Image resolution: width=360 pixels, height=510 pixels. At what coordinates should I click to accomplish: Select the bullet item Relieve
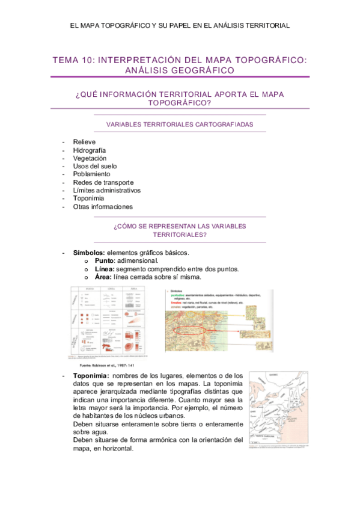click(x=84, y=142)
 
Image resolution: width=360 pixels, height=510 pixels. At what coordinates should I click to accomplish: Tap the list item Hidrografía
click(x=90, y=150)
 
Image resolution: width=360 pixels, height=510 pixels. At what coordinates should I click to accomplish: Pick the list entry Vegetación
click(x=90, y=158)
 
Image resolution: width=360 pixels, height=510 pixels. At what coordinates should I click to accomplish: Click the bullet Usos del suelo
click(x=95, y=166)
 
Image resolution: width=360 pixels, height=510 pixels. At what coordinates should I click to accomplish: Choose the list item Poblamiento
click(x=91, y=174)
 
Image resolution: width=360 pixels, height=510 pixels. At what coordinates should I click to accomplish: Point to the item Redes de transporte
click(x=103, y=182)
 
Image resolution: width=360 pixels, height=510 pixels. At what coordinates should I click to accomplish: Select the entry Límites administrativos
click(x=106, y=190)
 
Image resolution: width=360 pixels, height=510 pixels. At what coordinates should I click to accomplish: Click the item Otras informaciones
click(x=102, y=206)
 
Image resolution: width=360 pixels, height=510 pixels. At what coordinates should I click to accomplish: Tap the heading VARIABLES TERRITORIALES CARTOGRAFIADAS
click(x=179, y=124)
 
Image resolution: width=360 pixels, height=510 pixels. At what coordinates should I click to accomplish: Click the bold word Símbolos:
click(x=89, y=252)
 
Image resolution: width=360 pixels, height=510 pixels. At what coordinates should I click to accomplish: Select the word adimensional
click(x=139, y=260)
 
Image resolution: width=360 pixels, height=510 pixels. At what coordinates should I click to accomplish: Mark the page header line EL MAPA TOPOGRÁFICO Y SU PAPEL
click(x=180, y=26)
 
